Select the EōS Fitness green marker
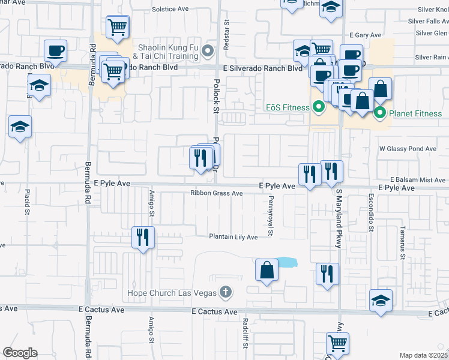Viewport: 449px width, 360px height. click(x=319, y=108)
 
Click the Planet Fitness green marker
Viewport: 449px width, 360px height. click(x=379, y=113)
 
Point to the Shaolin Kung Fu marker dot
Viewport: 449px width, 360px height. click(x=208, y=50)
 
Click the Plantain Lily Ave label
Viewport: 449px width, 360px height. click(x=233, y=237)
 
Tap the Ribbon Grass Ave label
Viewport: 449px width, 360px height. click(x=216, y=193)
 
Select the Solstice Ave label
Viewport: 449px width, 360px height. click(x=170, y=10)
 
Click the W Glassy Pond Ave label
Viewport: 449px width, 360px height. click(x=408, y=149)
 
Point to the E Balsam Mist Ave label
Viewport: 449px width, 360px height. click(x=418, y=180)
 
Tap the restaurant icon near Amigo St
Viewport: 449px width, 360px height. click(x=143, y=238)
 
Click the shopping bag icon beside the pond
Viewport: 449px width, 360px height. click(x=267, y=270)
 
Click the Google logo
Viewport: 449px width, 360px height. click(x=20, y=353)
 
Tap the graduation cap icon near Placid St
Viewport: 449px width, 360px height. click(x=20, y=127)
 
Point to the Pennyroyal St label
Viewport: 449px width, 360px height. click(x=271, y=215)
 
